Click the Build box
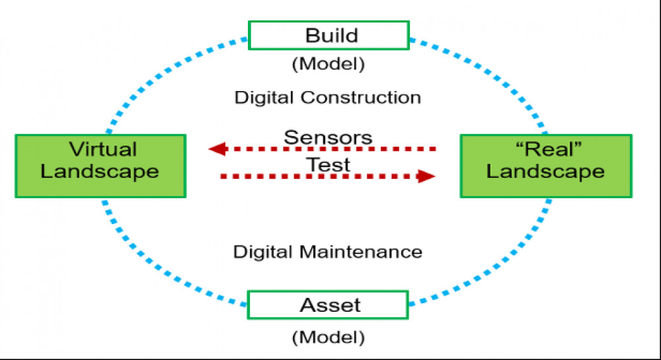click(329, 36)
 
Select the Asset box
click(328, 305)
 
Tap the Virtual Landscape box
click(100, 166)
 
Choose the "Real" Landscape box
click(546, 166)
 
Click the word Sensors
click(328, 137)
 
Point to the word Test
click(328, 164)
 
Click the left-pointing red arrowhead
click(218, 149)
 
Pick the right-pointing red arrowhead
click(426, 176)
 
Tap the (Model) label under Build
click(329, 64)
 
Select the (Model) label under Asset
click(329, 337)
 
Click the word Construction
click(361, 97)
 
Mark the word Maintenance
click(361, 252)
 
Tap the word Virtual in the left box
click(103, 149)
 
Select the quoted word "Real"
click(549, 149)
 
